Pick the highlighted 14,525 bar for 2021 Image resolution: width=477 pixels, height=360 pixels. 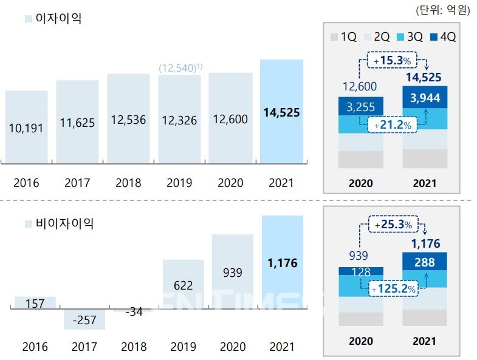click(281, 112)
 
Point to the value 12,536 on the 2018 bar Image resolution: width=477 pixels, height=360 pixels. click(128, 120)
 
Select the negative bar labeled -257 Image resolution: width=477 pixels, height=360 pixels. click(84, 319)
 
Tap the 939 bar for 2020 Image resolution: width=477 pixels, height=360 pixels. click(233, 273)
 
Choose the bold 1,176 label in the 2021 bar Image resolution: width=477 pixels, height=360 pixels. click(281, 263)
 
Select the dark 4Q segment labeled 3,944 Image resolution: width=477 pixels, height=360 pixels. click(425, 98)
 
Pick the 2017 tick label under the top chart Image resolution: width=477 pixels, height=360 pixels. click(77, 183)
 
